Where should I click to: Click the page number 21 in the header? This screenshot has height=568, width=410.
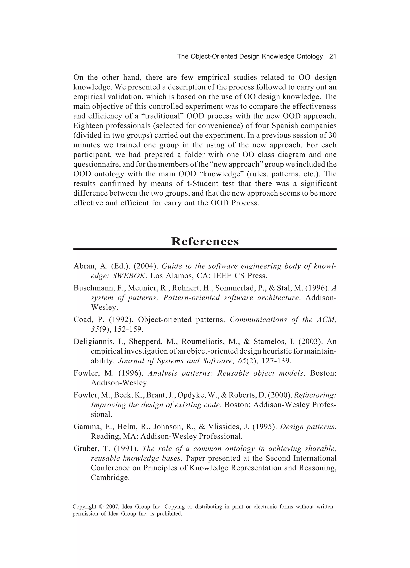332,57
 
